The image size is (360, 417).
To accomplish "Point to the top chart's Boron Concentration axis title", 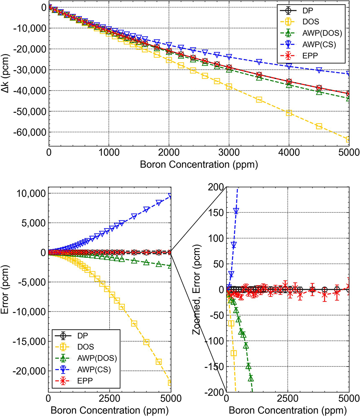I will [199, 165].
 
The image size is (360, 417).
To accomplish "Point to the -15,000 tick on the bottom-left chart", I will [28, 341].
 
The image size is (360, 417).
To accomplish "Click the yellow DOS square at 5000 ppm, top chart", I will [349, 139].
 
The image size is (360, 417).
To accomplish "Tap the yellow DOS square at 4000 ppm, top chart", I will [289, 113].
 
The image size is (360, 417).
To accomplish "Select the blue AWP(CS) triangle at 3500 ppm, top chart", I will [259, 62].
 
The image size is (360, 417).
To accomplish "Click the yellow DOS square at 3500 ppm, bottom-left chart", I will [134, 323].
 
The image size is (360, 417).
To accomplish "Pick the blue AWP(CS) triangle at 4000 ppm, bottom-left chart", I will [146, 209].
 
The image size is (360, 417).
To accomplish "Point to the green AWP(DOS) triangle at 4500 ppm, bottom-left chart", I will [159, 264].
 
